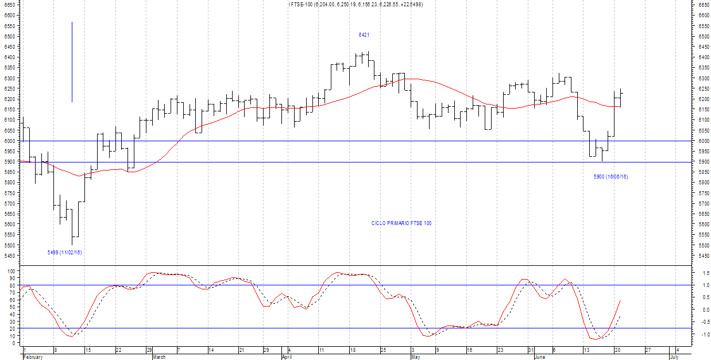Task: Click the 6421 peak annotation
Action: (364, 35)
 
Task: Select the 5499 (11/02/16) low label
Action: (64, 252)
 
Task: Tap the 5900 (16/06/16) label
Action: (610, 177)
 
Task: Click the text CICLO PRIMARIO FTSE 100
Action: (401, 223)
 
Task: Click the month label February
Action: (33, 357)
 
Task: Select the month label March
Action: (159, 357)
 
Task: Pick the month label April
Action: (288, 357)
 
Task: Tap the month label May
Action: (416, 357)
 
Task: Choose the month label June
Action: (540, 357)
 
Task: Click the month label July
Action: (675, 357)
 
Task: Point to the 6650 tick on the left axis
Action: (10, 5)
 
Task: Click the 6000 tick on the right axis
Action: (704, 141)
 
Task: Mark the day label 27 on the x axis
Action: (647, 350)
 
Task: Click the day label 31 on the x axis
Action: (531, 350)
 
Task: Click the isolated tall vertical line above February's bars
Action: (72, 62)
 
